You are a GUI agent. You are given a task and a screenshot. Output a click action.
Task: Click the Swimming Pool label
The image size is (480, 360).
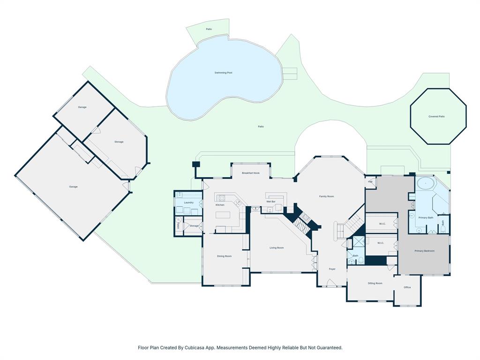click(x=223, y=73)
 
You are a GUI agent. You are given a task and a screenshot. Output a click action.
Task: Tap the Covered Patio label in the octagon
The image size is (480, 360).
click(x=436, y=116)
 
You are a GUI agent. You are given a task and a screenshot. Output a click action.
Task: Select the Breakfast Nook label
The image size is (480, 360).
click(x=250, y=173)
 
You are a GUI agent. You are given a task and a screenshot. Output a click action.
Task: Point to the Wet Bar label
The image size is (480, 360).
click(x=270, y=202)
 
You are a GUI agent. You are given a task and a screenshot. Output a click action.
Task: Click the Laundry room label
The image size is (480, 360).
click(x=188, y=202)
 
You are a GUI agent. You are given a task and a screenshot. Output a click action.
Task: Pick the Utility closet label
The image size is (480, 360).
click(x=179, y=225)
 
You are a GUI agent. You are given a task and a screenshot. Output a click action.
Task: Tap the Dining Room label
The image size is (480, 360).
click(x=224, y=256)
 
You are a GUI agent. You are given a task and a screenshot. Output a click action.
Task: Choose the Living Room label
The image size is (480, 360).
click(x=276, y=247)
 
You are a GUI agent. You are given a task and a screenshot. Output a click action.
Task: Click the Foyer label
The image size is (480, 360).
click(x=332, y=269)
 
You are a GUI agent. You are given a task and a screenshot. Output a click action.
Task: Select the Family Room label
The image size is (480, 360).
click(x=326, y=196)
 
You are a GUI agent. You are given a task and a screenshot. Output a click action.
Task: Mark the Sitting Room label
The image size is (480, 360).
click(x=375, y=283)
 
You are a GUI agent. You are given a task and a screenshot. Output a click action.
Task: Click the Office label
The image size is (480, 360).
click(x=407, y=287)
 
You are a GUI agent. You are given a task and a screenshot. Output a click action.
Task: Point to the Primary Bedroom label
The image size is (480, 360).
click(x=424, y=251)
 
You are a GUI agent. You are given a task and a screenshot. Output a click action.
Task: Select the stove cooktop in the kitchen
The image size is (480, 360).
click(x=220, y=197)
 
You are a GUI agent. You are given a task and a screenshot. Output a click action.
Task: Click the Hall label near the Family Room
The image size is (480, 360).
click(x=370, y=181)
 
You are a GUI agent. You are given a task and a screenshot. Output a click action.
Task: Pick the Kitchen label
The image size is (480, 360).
click(x=220, y=205)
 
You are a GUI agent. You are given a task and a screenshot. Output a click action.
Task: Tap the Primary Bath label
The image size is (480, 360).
click(x=426, y=217)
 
